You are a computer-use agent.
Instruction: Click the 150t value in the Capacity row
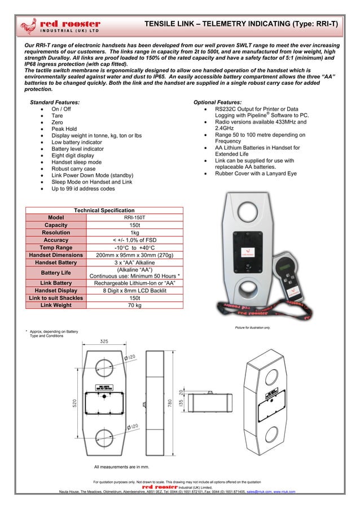tap(135, 225)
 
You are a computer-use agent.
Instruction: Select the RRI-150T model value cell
tap(135, 217)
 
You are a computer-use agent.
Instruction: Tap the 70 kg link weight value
tap(135, 305)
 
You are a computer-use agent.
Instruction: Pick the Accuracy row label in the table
tap(56, 240)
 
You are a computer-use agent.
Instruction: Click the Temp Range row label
tap(56, 247)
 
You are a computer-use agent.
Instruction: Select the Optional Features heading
tap(217, 102)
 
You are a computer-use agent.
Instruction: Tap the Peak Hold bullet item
tap(64, 129)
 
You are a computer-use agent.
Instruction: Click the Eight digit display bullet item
tap(76, 155)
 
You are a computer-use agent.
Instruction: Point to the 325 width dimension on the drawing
tap(104, 341)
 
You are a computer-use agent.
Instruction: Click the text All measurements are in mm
tap(122, 467)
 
